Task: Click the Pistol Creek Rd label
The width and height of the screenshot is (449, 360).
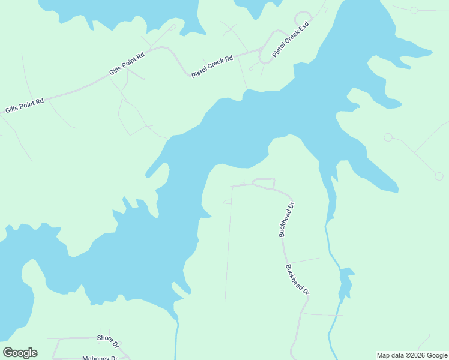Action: point(212,67)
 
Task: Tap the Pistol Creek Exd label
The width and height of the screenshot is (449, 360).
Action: point(290,40)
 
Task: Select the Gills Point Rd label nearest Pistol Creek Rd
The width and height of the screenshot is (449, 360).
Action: point(127,64)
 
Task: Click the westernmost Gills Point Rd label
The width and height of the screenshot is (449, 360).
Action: point(25,106)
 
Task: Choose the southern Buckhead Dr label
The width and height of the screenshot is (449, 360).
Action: point(297,280)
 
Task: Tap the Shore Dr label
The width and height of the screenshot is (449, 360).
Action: point(109,341)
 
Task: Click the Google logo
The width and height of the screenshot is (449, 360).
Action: point(20,353)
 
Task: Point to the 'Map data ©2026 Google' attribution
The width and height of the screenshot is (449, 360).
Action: point(412,355)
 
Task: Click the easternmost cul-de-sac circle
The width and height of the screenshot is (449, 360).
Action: point(439,176)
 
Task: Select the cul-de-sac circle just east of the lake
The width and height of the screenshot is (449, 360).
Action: point(388,137)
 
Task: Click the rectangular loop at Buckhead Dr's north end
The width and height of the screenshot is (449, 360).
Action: point(264,183)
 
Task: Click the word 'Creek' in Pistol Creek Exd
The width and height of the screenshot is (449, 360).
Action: point(292,38)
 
